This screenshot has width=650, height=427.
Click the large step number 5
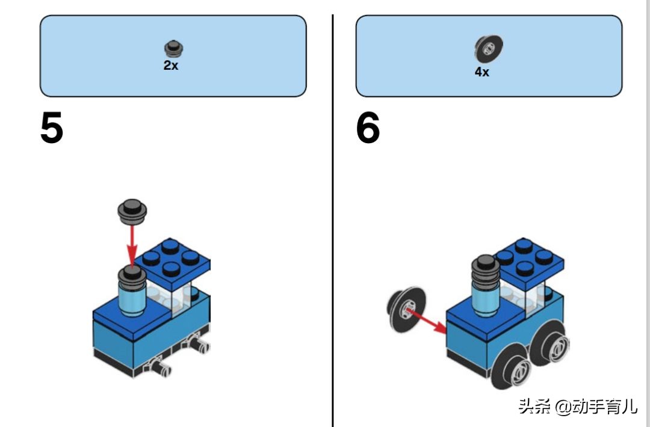pos(52,129)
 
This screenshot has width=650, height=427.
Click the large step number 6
pos(368,129)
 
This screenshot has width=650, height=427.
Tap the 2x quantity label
pos(171,66)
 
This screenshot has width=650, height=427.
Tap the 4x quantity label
pos(481,72)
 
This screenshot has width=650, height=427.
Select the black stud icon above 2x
pos(173,48)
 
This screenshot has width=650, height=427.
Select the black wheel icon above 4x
pos(488,48)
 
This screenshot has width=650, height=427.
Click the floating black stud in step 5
pos(134,210)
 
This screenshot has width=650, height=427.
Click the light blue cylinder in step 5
pos(132,300)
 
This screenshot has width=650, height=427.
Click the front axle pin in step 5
pos(161,366)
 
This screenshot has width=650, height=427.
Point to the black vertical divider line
pos(332,217)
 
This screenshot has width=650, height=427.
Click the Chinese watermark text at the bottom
pos(577,407)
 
